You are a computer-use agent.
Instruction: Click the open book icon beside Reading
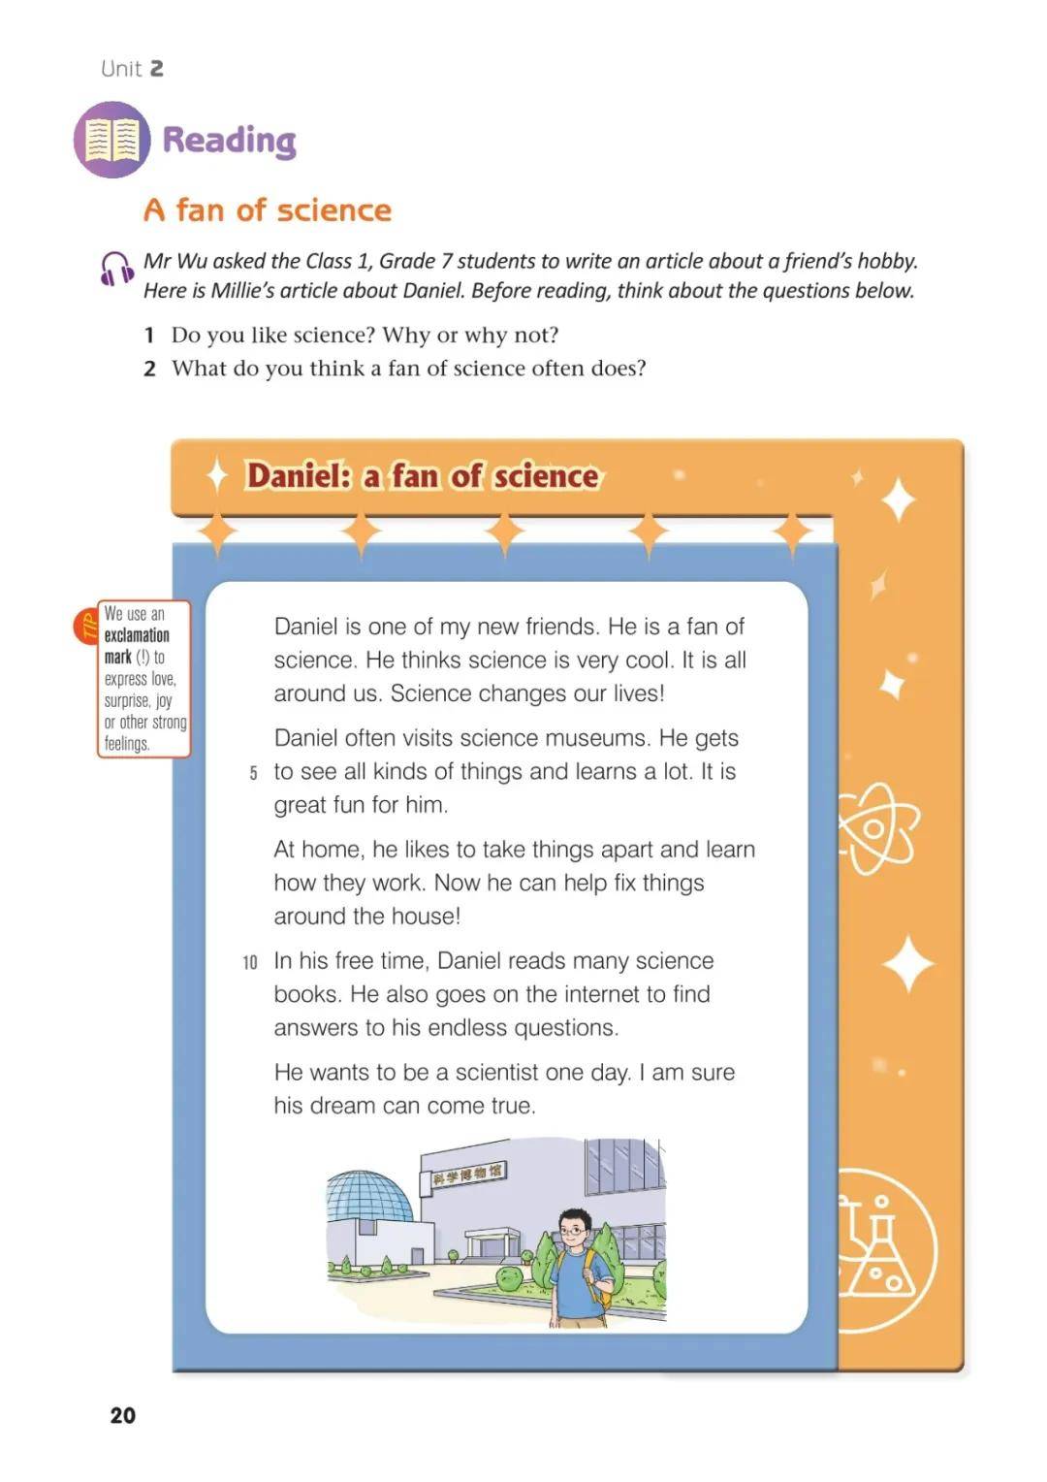tap(112, 140)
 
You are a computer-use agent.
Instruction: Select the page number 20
tap(123, 1414)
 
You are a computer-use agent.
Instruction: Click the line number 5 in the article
tap(253, 773)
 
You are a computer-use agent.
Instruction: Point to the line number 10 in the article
tap(250, 963)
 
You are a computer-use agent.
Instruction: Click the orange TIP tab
tap(86, 627)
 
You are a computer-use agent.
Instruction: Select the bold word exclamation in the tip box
tap(137, 636)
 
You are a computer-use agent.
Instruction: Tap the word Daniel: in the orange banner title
tap(299, 475)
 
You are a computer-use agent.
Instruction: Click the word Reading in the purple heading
tap(230, 141)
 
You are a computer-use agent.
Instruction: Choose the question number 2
tap(150, 369)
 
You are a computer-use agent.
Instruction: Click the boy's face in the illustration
tap(573, 1230)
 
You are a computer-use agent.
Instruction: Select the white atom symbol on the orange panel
tap(877, 827)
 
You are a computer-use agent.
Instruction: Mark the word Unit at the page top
tap(121, 69)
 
